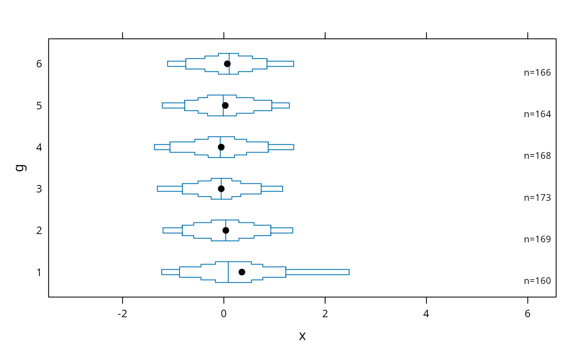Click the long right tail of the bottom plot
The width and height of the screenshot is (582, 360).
[317, 272]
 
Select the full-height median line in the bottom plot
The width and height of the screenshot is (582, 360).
[228, 272]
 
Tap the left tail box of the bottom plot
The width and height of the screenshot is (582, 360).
[170, 272]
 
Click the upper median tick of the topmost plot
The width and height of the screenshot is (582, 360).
[229, 57]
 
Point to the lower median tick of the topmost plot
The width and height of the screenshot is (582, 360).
[229, 70]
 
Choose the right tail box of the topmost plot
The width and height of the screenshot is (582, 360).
[280, 64]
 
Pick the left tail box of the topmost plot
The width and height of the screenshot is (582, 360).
[176, 64]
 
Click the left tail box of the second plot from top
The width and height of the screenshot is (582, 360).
[173, 105]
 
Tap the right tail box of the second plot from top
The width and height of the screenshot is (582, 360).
[280, 105]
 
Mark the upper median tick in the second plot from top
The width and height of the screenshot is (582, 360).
[223, 99]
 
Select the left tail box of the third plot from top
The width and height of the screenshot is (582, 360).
[162, 147]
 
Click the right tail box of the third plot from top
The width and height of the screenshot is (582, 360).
[281, 147]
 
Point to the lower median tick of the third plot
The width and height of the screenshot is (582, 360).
[220, 153]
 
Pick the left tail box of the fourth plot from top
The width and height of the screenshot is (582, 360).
[170, 188]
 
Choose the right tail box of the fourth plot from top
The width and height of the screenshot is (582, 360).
[272, 188]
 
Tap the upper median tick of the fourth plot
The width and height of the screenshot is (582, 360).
[221, 182]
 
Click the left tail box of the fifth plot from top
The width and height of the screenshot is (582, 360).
[173, 230]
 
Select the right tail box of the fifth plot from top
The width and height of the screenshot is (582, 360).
[282, 230]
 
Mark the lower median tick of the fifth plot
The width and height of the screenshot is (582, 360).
[226, 237]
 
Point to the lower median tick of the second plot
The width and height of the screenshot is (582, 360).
[223, 112]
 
